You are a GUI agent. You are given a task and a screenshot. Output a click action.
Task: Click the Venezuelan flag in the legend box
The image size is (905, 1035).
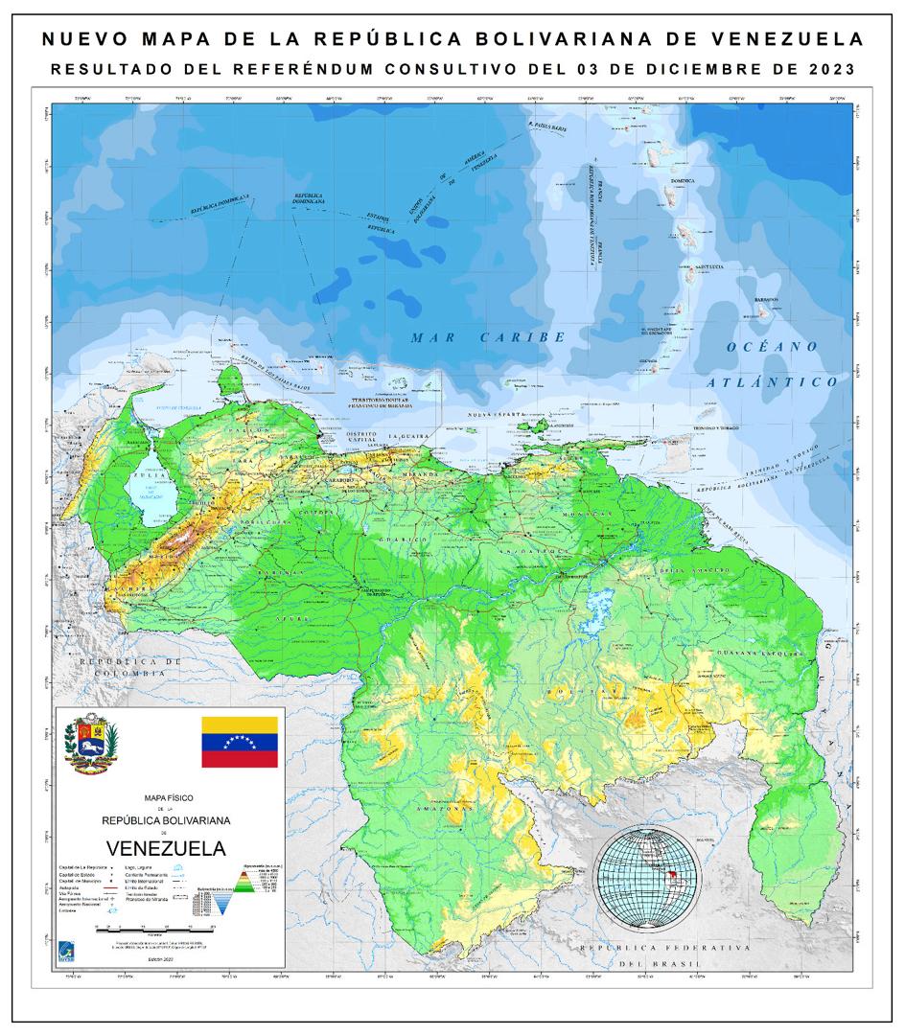click(x=239, y=742)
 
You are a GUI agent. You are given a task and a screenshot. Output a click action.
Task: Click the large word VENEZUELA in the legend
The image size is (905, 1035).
click(x=167, y=848)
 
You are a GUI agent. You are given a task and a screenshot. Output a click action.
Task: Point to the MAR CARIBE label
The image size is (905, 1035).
click(x=486, y=337)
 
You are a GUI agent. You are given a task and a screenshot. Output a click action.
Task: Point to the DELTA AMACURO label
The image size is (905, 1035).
click(x=683, y=571)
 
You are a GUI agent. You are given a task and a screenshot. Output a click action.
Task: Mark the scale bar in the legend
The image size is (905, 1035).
click(x=165, y=927)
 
